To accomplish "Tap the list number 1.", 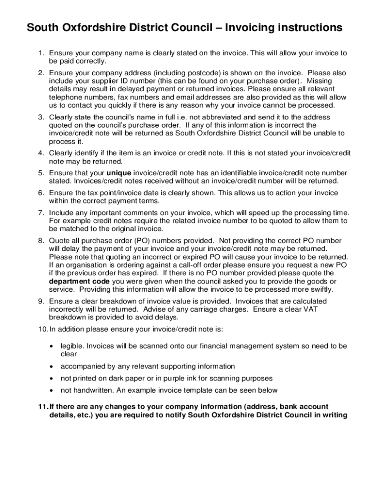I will [41, 53].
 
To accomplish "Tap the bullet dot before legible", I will [51, 347].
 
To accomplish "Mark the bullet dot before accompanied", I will [51, 366].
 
